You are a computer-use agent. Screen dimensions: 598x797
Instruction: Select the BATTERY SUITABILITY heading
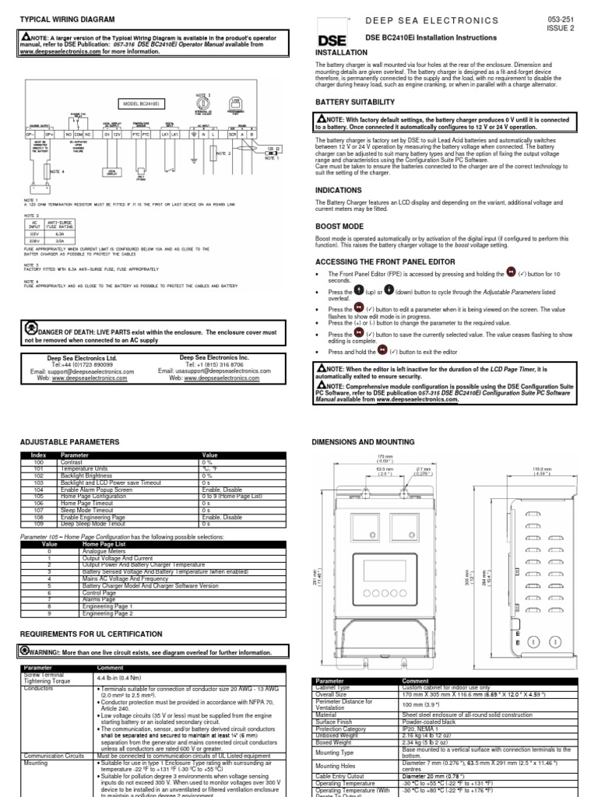point(354,102)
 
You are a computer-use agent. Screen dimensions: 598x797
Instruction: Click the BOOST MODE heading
point(339,226)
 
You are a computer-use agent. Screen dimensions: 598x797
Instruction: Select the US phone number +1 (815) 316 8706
point(215,364)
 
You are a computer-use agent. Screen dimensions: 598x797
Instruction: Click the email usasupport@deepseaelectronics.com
point(215,371)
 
